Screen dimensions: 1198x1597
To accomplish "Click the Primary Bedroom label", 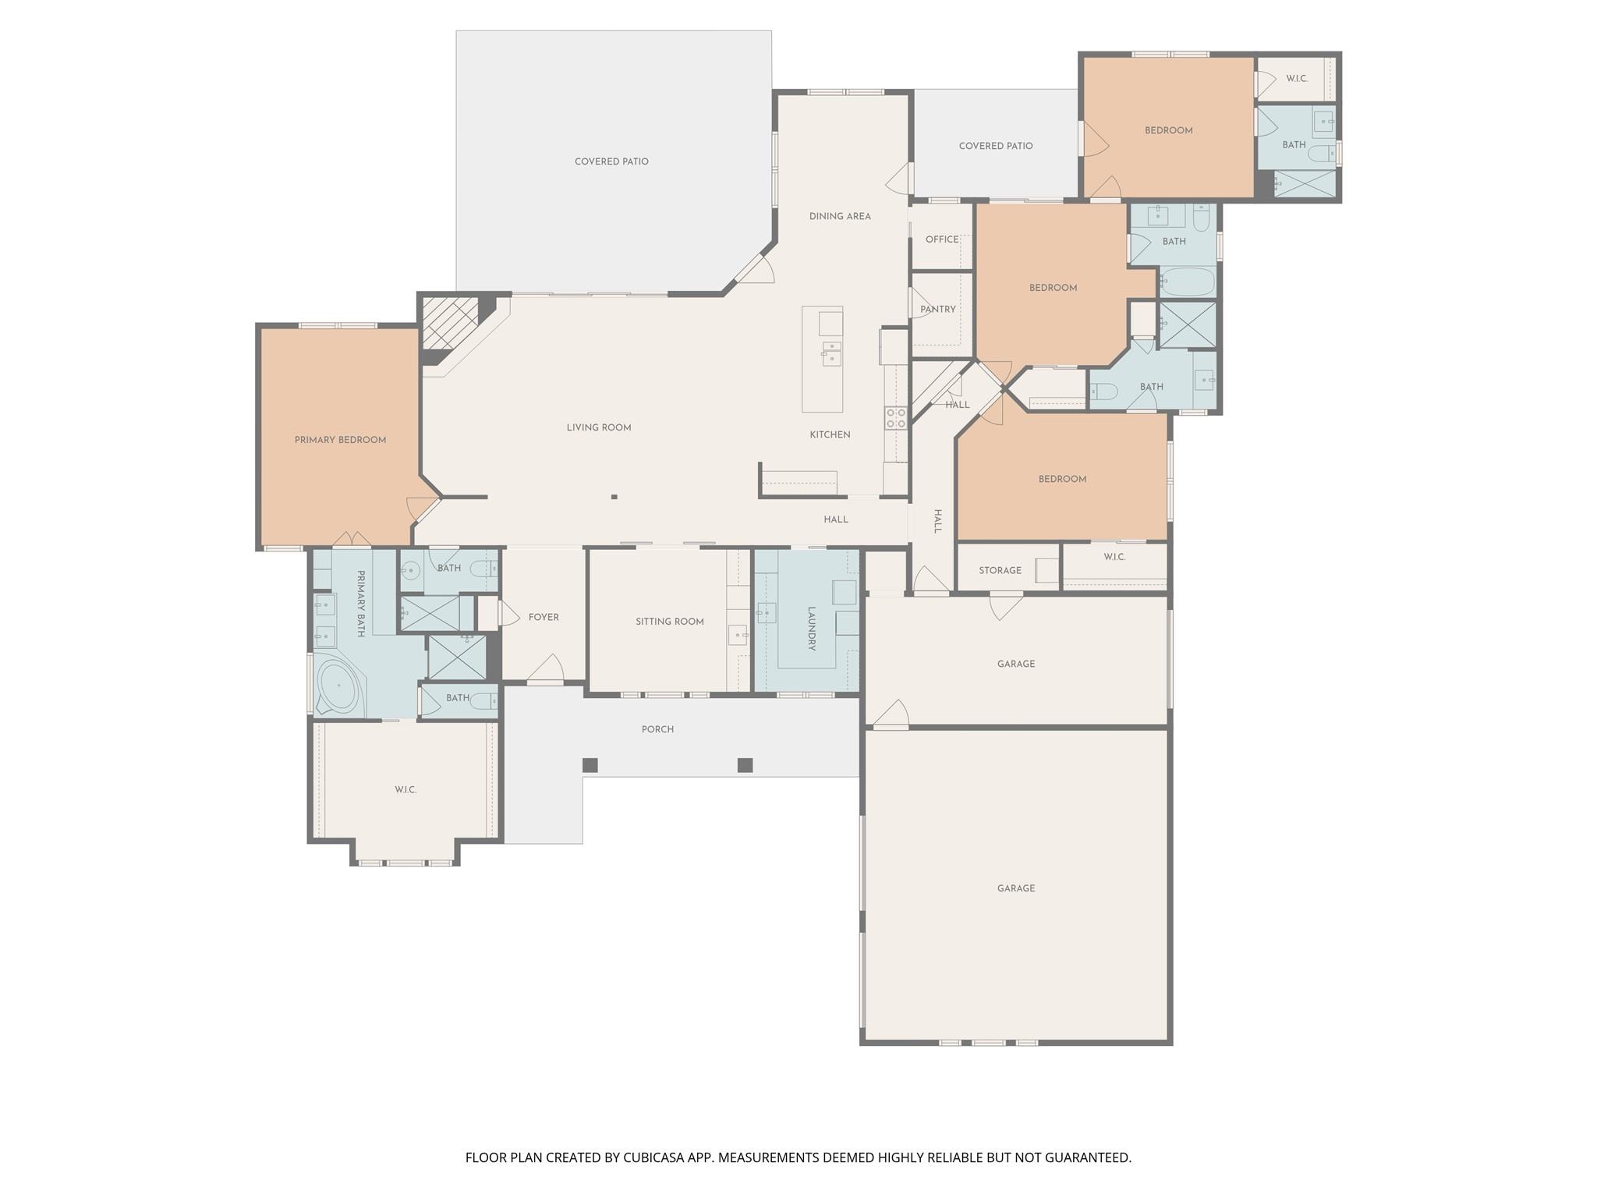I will [x=340, y=440].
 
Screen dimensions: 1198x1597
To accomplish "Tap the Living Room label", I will [x=598, y=427].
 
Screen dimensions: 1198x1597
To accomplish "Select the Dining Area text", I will [x=840, y=216].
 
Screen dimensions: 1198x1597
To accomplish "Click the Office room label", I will [x=942, y=239].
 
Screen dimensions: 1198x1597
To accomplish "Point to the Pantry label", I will [x=937, y=310].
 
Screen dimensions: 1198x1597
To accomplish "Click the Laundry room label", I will [x=811, y=629].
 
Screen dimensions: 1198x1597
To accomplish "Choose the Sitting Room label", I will [x=669, y=622].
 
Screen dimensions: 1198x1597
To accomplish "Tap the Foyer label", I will [x=544, y=617].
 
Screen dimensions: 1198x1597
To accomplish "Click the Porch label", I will [x=657, y=729].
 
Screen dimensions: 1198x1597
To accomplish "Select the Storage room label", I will [x=1000, y=570].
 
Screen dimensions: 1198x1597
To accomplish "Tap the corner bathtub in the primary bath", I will [x=338, y=686].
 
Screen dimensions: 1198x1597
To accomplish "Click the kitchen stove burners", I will [x=895, y=418].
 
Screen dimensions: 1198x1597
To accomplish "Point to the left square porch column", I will [x=590, y=765].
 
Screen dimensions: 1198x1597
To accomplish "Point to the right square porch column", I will [x=745, y=765].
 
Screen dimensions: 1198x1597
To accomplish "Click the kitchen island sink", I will [x=830, y=353].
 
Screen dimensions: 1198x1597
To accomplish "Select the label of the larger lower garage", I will [x=1015, y=888].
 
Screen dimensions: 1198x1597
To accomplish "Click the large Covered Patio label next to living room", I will [x=611, y=161].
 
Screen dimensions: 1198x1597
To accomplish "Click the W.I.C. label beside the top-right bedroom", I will [x=1297, y=79].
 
